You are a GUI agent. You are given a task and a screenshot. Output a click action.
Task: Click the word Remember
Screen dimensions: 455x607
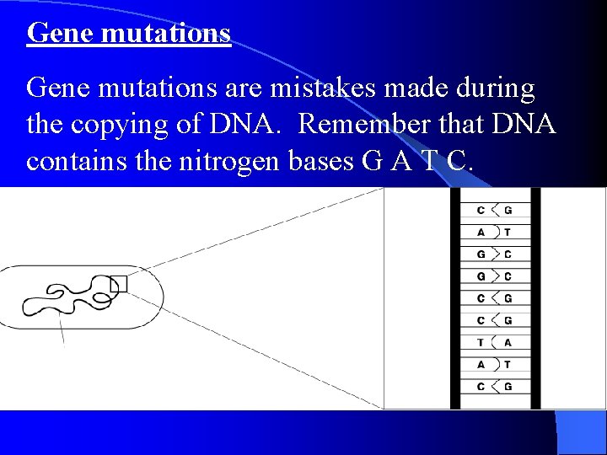[x=370, y=124]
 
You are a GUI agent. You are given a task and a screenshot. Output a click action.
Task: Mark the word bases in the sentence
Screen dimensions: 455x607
[x=315, y=160]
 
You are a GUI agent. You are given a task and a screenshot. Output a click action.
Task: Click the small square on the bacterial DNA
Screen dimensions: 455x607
[x=119, y=284]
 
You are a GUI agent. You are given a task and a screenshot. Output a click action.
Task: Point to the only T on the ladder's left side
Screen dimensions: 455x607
[x=481, y=342]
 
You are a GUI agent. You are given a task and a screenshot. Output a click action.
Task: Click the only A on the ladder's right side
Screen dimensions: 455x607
[x=508, y=342]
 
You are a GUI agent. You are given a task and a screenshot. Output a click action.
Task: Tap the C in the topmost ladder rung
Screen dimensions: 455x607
[x=481, y=210]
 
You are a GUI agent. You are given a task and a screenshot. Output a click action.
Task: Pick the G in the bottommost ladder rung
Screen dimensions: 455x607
[x=508, y=386]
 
